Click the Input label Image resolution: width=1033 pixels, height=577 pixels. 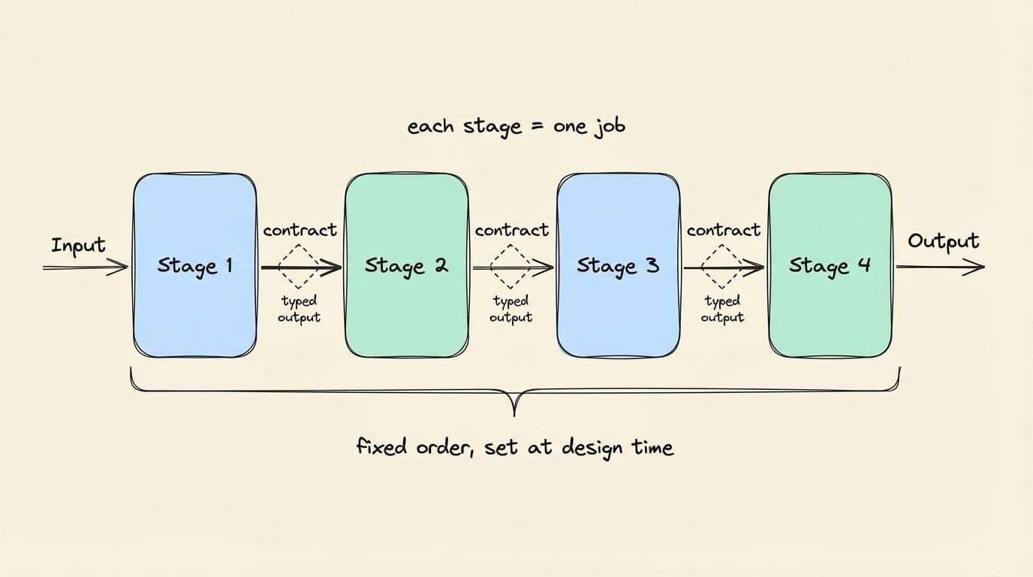click(x=78, y=246)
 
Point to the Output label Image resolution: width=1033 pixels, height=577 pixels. click(x=943, y=242)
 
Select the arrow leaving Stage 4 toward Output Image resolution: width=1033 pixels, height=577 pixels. click(x=939, y=267)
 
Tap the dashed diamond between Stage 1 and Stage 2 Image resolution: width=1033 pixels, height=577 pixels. click(x=299, y=267)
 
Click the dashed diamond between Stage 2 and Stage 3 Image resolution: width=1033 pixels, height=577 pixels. click(x=510, y=267)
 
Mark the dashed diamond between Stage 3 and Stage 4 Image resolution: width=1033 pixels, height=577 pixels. click(x=722, y=267)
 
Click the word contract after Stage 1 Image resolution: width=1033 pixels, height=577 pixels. click(x=300, y=230)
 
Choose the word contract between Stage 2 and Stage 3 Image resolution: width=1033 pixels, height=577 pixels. click(x=511, y=230)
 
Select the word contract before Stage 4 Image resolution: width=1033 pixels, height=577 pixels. click(x=723, y=230)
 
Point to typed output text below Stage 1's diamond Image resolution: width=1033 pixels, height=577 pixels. click(x=299, y=309)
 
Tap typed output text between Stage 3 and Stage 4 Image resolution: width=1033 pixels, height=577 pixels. click(x=722, y=309)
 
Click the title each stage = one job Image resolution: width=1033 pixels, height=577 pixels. click(x=516, y=126)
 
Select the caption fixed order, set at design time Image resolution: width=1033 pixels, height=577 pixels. click(x=514, y=448)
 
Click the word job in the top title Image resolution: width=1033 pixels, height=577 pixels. click(x=609, y=126)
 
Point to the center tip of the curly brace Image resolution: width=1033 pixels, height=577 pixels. click(x=514, y=413)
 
